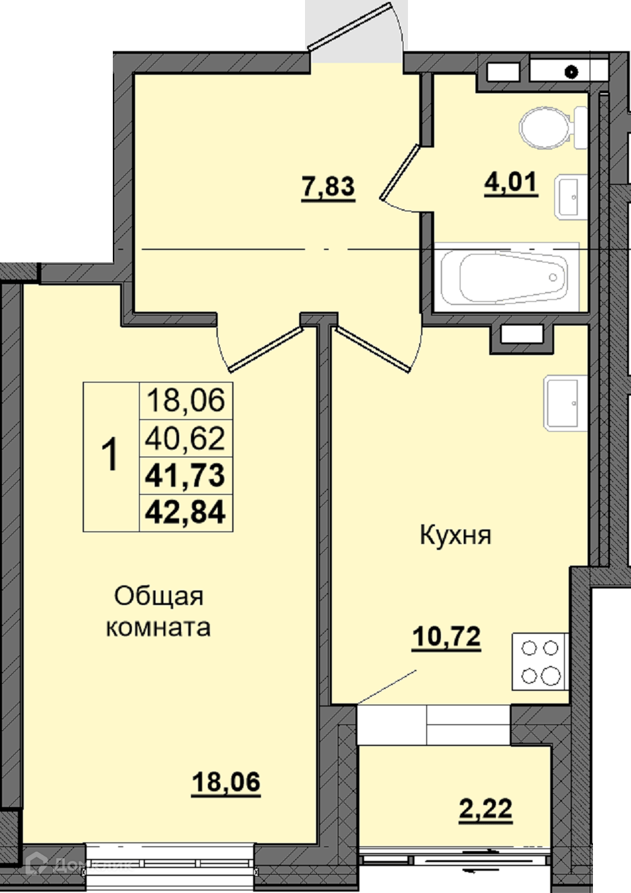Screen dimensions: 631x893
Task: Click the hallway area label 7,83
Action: pyautogui.click(x=329, y=188)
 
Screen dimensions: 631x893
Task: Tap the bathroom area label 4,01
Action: pyautogui.click(x=512, y=184)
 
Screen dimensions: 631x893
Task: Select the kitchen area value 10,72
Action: pyautogui.click(x=447, y=638)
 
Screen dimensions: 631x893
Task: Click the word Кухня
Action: pyautogui.click(x=456, y=535)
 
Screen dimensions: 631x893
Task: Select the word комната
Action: pyautogui.click(x=158, y=627)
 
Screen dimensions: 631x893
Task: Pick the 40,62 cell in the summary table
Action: pyautogui.click(x=186, y=438)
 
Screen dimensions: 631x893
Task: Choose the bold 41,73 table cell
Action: pyautogui.click(x=186, y=476)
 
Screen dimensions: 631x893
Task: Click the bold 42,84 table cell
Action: pyautogui.click(x=186, y=512)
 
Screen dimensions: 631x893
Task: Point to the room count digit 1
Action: pyautogui.click(x=110, y=455)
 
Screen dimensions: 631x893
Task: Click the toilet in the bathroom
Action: pyautogui.click(x=553, y=127)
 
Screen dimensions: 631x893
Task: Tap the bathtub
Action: pyautogui.click(x=506, y=277)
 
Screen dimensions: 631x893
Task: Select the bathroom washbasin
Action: pyautogui.click(x=571, y=197)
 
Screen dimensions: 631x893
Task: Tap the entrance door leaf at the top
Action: pyautogui.click(x=350, y=26)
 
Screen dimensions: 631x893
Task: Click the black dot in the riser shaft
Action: pyautogui.click(x=571, y=72)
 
